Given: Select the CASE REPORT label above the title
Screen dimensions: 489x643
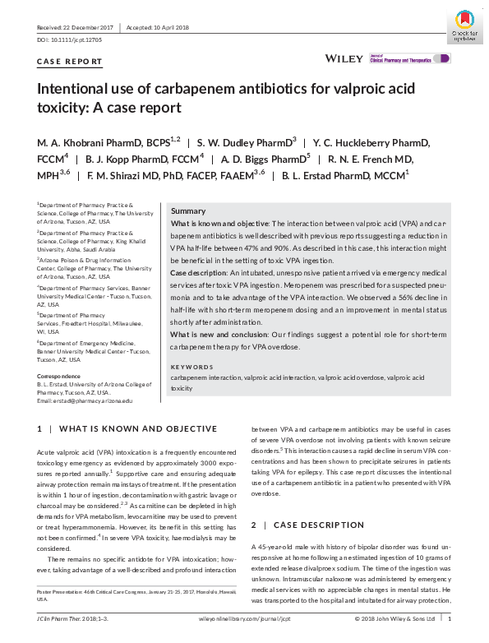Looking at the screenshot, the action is point(70,62).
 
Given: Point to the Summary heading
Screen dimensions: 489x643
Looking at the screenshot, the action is point(188,211).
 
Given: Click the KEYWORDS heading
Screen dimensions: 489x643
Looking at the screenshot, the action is point(191,367).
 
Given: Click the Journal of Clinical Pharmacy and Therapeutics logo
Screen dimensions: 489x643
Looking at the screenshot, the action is point(408,59).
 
